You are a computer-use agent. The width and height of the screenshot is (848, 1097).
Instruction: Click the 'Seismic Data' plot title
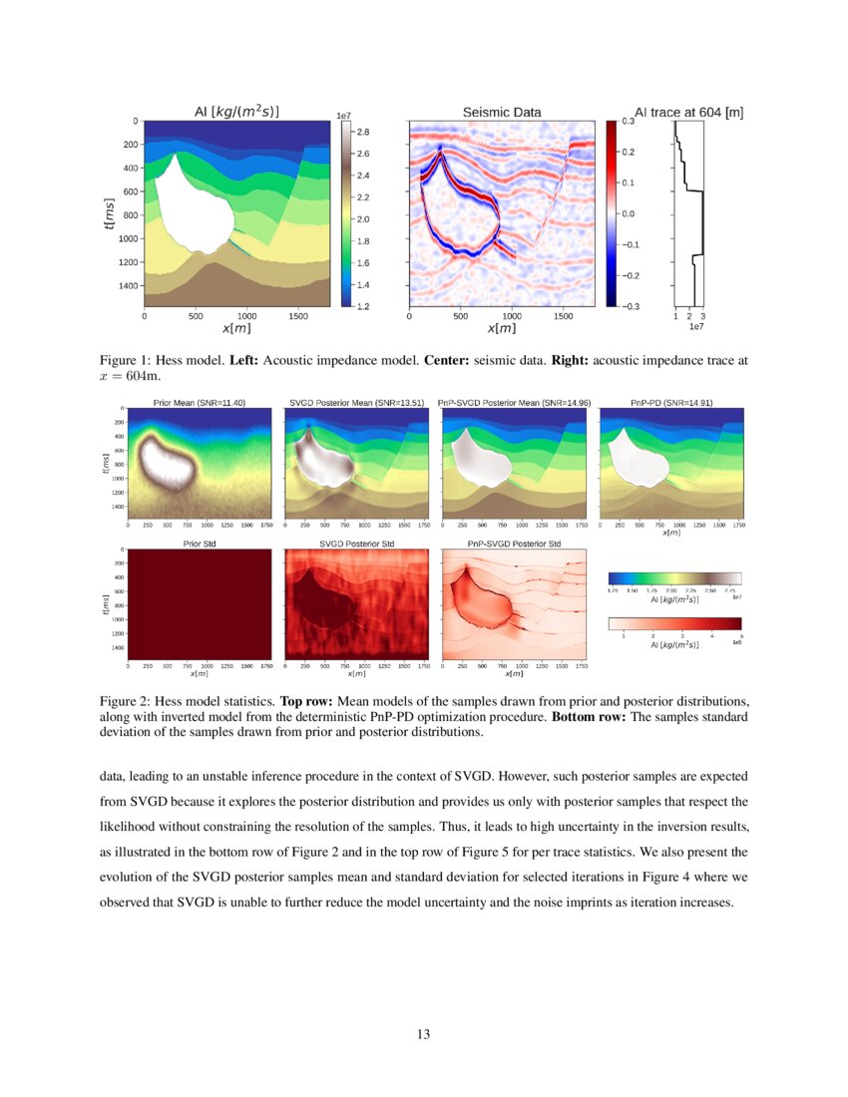(x=502, y=113)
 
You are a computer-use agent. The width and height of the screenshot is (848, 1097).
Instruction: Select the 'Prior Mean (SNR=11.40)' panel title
(x=199, y=402)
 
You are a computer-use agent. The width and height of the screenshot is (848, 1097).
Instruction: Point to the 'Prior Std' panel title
(x=199, y=544)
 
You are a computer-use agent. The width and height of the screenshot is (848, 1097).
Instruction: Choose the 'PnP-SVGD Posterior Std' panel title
(x=514, y=544)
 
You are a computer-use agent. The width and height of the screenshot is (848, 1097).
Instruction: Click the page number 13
(x=424, y=1034)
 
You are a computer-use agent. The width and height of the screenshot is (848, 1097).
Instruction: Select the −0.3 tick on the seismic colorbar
(x=631, y=306)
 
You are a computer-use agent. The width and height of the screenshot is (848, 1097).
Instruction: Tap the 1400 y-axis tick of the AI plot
(x=129, y=285)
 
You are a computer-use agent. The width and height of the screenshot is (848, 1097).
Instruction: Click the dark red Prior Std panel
(x=199, y=604)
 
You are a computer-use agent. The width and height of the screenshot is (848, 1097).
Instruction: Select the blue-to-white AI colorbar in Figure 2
(x=674, y=578)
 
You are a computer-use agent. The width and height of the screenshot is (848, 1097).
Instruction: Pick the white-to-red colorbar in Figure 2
(x=674, y=624)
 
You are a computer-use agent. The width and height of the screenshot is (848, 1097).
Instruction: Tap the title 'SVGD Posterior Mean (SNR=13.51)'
(x=355, y=402)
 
